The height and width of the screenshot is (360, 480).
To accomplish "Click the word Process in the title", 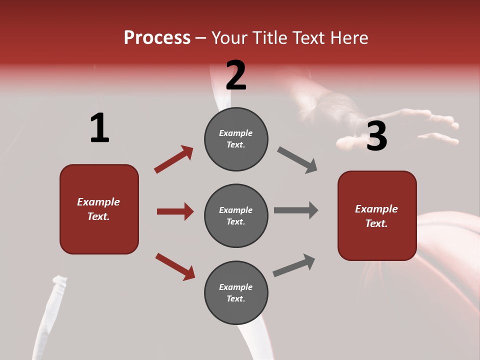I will (x=157, y=38).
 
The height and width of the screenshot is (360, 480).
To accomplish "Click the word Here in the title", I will (x=348, y=38).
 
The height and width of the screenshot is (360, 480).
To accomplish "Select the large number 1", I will (x=99, y=128).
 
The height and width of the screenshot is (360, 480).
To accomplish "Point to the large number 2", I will (x=236, y=75).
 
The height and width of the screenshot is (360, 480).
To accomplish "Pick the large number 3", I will (x=376, y=136).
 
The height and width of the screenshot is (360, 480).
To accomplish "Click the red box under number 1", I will (x=99, y=209).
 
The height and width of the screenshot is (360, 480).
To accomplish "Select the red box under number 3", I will (x=377, y=215).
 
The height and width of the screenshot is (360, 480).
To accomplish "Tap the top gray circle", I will (x=236, y=139).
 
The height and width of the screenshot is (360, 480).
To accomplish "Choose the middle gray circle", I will (x=236, y=215).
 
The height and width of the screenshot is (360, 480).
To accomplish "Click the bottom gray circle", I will (x=236, y=292).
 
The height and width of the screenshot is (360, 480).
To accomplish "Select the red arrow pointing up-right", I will (x=174, y=159).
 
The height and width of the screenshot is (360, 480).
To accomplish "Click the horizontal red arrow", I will (x=175, y=211).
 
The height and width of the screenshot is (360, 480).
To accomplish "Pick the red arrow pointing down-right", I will (x=175, y=266).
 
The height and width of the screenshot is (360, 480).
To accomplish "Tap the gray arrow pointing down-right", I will (x=297, y=160).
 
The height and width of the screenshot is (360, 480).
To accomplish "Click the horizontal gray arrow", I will (x=296, y=210).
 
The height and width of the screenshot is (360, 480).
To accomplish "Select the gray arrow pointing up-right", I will (x=294, y=265).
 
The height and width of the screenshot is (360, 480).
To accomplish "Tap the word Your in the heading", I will (x=229, y=38).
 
